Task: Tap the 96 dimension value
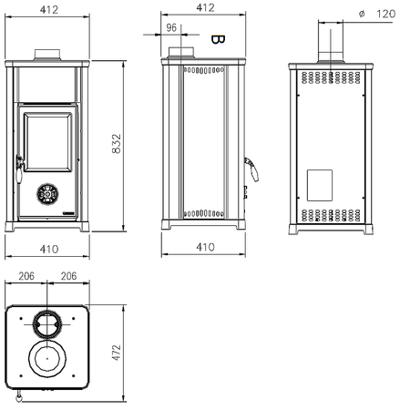click(169, 28)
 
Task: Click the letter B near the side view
click(216, 39)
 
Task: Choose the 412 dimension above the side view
click(204, 8)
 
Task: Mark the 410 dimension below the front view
click(48, 248)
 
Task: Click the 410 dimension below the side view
click(204, 247)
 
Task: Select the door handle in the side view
click(252, 169)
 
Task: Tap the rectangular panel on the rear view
click(320, 185)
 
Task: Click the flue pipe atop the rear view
click(326, 44)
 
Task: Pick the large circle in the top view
click(46, 360)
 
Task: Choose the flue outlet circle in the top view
click(46, 323)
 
